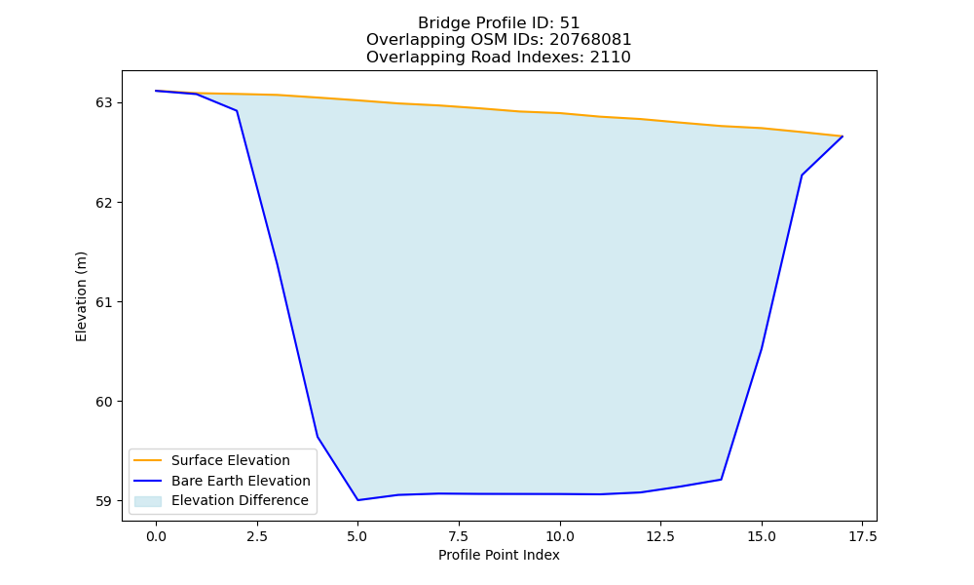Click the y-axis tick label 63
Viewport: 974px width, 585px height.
tap(104, 102)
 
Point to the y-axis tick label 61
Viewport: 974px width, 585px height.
tap(104, 302)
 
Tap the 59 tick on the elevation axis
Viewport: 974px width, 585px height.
tap(104, 501)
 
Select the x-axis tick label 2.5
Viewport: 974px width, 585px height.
tap(257, 536)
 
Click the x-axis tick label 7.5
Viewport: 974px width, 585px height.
tap(459, 536)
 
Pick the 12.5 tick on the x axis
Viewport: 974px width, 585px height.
tap(661, 536)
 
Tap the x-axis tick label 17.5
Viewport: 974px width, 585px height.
tap(863, 536)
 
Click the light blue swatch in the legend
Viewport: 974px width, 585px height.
tap(148, 501)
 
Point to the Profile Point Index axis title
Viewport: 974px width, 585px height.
tap(499, 555)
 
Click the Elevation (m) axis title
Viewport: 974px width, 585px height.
tap(82, 296)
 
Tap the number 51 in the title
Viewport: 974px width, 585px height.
tap(570, 23)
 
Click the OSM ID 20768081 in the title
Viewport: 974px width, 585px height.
tap(590, 40)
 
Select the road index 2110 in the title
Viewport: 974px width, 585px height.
tap(610, 58)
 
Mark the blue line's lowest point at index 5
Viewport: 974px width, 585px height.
tap(357, 500)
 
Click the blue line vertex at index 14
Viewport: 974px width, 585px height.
tap(721, 480)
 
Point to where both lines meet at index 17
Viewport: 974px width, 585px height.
tap(843, 136)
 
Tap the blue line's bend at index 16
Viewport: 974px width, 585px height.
tap(802, 175)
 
